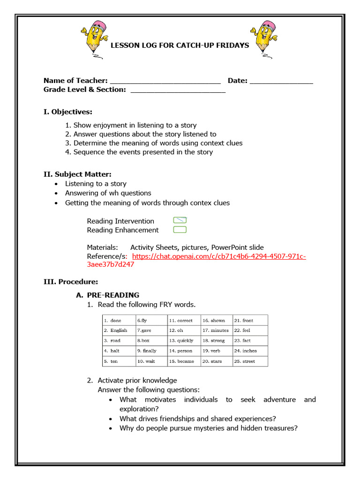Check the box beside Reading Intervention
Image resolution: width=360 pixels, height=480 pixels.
point(180,220)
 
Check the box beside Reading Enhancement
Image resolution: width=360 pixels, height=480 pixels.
point(180,230)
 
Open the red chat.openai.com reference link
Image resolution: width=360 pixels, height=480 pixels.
point(219,256)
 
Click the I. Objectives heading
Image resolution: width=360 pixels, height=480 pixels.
point(68,112)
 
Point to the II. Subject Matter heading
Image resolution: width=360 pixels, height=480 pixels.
point(77,174)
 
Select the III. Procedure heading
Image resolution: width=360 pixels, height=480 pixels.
point(71,281)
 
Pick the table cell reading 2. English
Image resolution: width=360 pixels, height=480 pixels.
point(119,330)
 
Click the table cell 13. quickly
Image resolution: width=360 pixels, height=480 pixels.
point(184,341)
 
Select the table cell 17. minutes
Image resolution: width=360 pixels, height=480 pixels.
point(216,330)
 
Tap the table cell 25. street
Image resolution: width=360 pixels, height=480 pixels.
point(250,361)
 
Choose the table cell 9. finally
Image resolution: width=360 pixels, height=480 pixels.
point(151,351)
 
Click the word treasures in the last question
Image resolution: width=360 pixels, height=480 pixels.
point(280,428)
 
